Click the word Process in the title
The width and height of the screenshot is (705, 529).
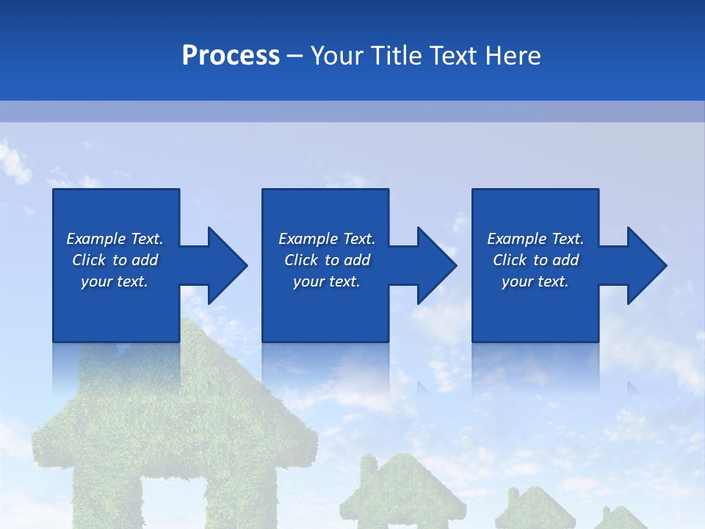[x=231, y=55]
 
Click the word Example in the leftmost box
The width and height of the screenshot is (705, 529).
[x=95, y=239]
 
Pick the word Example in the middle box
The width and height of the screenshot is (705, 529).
[x=307, y=239]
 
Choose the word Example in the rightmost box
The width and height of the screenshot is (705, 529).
[x=516, y=239]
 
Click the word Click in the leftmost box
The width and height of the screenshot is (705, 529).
[x=90, y=260]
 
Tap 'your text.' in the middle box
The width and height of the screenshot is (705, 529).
[x=326, y=281]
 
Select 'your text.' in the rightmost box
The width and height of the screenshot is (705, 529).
[x=535, y=281]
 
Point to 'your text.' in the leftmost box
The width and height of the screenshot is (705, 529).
[x=115, y=281]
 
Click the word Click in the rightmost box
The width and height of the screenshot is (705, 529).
[x=510, y=260]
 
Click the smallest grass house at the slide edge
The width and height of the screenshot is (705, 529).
[x=621, y=518]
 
